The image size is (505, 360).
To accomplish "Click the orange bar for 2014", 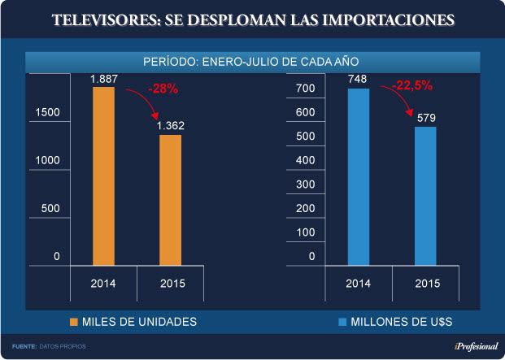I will (x=104, y=176).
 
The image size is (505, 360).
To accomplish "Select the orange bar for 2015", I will (x=170, y=199).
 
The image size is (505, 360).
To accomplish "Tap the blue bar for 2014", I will (x=359, y=176).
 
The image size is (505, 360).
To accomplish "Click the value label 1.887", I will (x=103, y=79).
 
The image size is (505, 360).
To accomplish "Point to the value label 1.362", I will (x=170, y=126).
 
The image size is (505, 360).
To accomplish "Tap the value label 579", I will (x=425, y=118).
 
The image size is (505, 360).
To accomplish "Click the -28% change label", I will (x=163, y=88).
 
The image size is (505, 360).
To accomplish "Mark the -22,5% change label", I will (x=412, y=85).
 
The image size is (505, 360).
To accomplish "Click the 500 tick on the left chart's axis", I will (x=50, y=208).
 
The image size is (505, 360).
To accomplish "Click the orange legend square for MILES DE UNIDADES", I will (x=74, y=323).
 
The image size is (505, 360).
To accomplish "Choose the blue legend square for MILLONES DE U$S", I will (x=342, y=323).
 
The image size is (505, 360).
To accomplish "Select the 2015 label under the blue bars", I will (x=428, y=284).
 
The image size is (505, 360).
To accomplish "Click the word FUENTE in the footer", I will (x=24, y=347).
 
